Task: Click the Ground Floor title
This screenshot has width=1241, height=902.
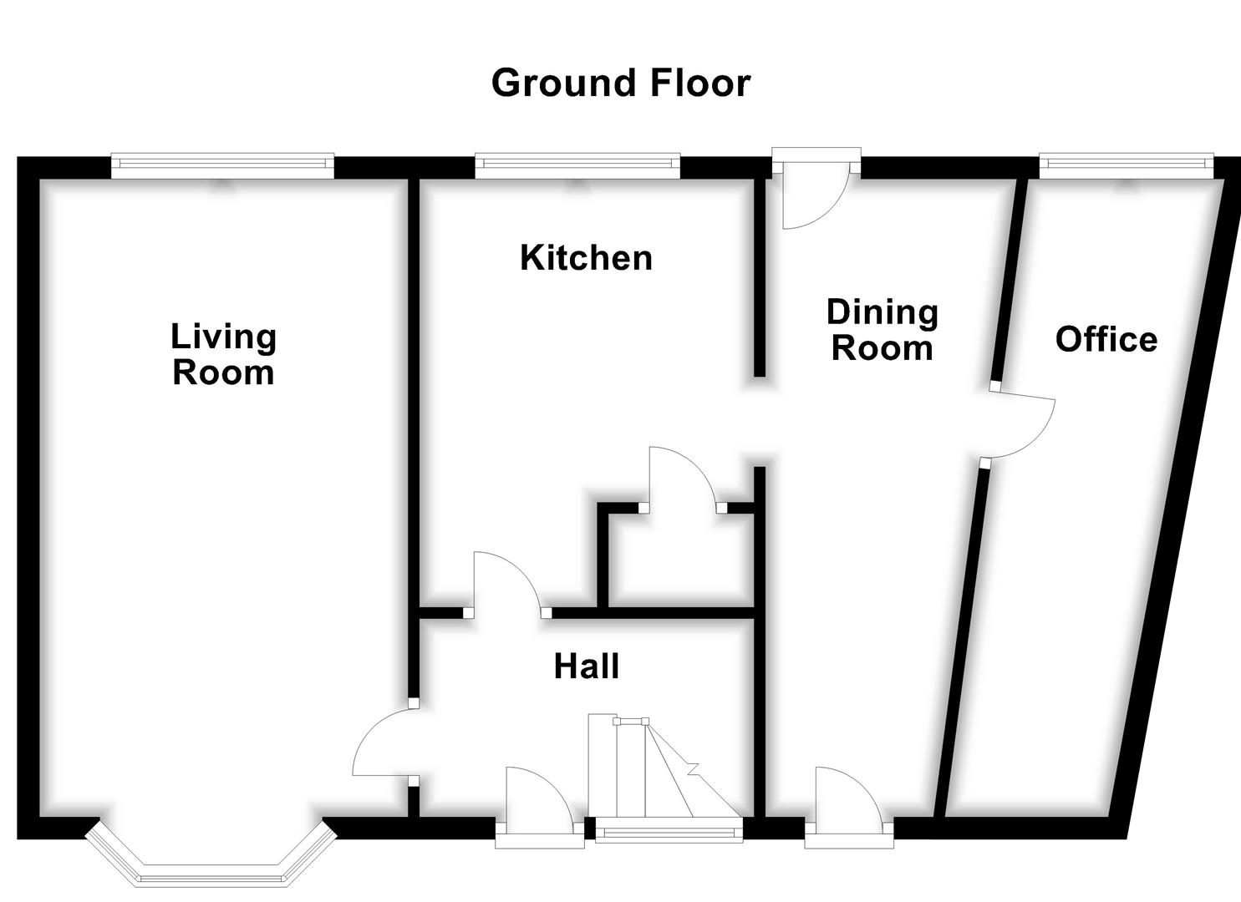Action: point(620,84)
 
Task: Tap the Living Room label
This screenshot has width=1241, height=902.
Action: point(223,355)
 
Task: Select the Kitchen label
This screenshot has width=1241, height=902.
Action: point(586,258)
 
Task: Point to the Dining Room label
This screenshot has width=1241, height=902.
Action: point(882,330)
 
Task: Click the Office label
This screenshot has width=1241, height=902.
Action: point(1106,339)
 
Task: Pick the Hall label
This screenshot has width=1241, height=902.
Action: point(587,666)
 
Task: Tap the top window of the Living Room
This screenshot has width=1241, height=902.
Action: point(222,165)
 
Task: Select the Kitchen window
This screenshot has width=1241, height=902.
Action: point(577,165)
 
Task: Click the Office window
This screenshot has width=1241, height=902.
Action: point(1125,165)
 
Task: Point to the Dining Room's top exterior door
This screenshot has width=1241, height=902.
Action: point(815,196)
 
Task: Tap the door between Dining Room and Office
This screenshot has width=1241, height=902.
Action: point(1020,426)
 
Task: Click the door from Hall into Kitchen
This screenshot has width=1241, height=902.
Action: point(506,585)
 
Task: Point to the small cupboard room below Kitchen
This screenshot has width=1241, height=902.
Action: point(681,560)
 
